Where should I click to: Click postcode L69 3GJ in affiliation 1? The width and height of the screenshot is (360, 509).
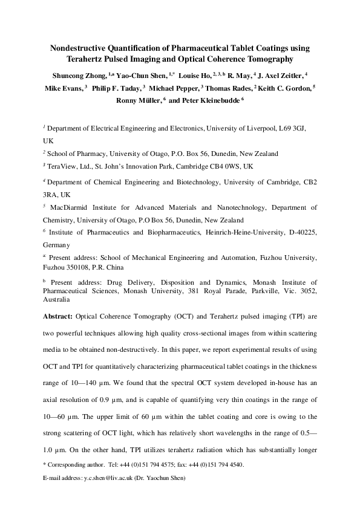(x=298, y=129)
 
